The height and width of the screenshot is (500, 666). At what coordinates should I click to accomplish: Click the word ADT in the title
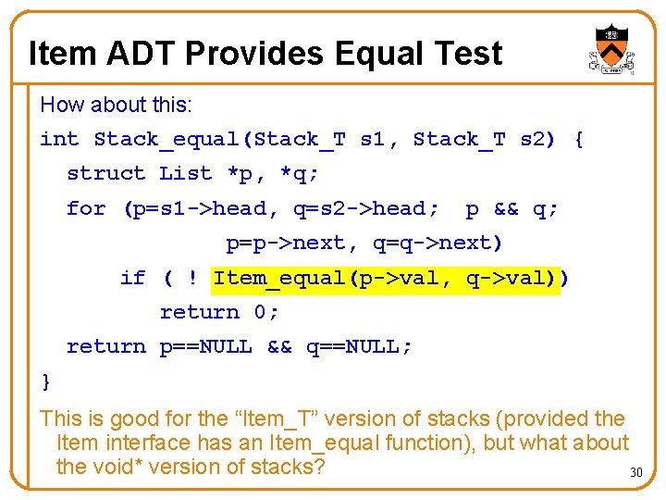141,54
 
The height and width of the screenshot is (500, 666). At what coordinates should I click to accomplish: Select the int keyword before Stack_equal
59,140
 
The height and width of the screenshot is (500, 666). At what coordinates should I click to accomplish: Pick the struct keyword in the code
105,173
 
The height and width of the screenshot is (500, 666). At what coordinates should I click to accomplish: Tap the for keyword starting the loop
86,208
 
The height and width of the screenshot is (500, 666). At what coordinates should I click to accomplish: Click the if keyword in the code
132,278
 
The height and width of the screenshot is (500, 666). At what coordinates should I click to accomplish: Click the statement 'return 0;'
219,312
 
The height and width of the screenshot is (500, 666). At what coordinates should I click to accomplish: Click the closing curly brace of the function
46,381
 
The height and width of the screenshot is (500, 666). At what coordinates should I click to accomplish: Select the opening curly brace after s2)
579,140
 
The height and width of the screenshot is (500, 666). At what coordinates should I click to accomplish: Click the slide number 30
635,473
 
